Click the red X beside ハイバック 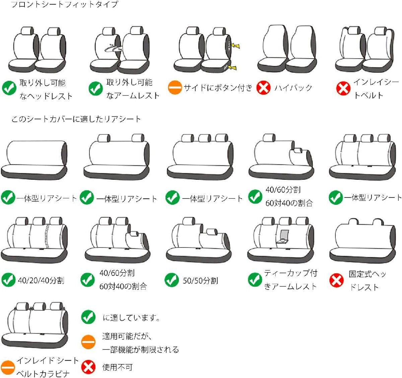point(263,87)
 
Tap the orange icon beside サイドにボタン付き point(175,87)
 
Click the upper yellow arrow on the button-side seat point(236,46)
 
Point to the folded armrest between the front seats point(113,49)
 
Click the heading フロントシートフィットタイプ point(65,4)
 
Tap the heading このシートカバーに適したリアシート point(76,119)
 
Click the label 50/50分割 point(200,281)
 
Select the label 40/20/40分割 point(41,281)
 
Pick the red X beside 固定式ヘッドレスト point(336,280)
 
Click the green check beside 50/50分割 point(172,280)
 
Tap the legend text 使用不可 point(117,367)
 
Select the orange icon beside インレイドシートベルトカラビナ point(8,367)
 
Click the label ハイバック point(293,88)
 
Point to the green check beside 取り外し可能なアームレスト point(95,88)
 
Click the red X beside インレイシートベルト point(343,88)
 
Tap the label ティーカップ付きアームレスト point(291,280)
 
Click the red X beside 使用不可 point(88,367)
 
